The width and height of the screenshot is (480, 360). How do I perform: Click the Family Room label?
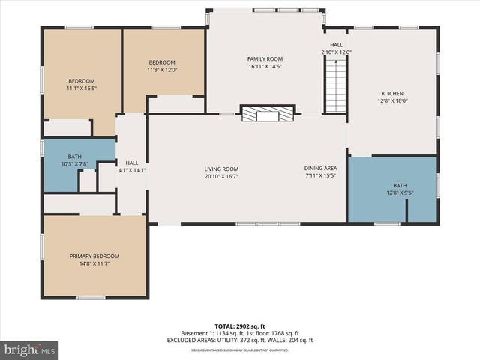coord(265,58)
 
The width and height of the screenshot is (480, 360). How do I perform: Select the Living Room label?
coord(221,169)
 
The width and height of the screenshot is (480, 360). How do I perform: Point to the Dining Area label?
coord(320,169)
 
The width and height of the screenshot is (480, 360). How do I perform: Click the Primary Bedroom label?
coord(94,256)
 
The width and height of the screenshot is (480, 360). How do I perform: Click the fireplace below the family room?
coord(267,114)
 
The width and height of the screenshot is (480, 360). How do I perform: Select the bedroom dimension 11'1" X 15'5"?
coord(82,88)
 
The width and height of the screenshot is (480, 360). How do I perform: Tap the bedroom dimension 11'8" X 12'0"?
coord(162,70)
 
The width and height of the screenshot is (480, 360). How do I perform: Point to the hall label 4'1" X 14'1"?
coord(132,170)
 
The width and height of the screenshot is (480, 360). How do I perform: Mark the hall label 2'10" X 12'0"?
coord(336,52)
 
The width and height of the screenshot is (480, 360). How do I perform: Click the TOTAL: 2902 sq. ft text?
coord(240,326)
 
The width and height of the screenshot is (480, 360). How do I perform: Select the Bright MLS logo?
coord(30,349)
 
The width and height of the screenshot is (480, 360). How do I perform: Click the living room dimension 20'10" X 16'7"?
coord(221,176)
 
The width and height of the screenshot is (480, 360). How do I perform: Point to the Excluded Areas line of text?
coord(240,340)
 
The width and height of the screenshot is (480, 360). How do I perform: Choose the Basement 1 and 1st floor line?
coord(240,333)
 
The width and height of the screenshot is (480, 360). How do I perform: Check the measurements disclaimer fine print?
coord(240,349)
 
